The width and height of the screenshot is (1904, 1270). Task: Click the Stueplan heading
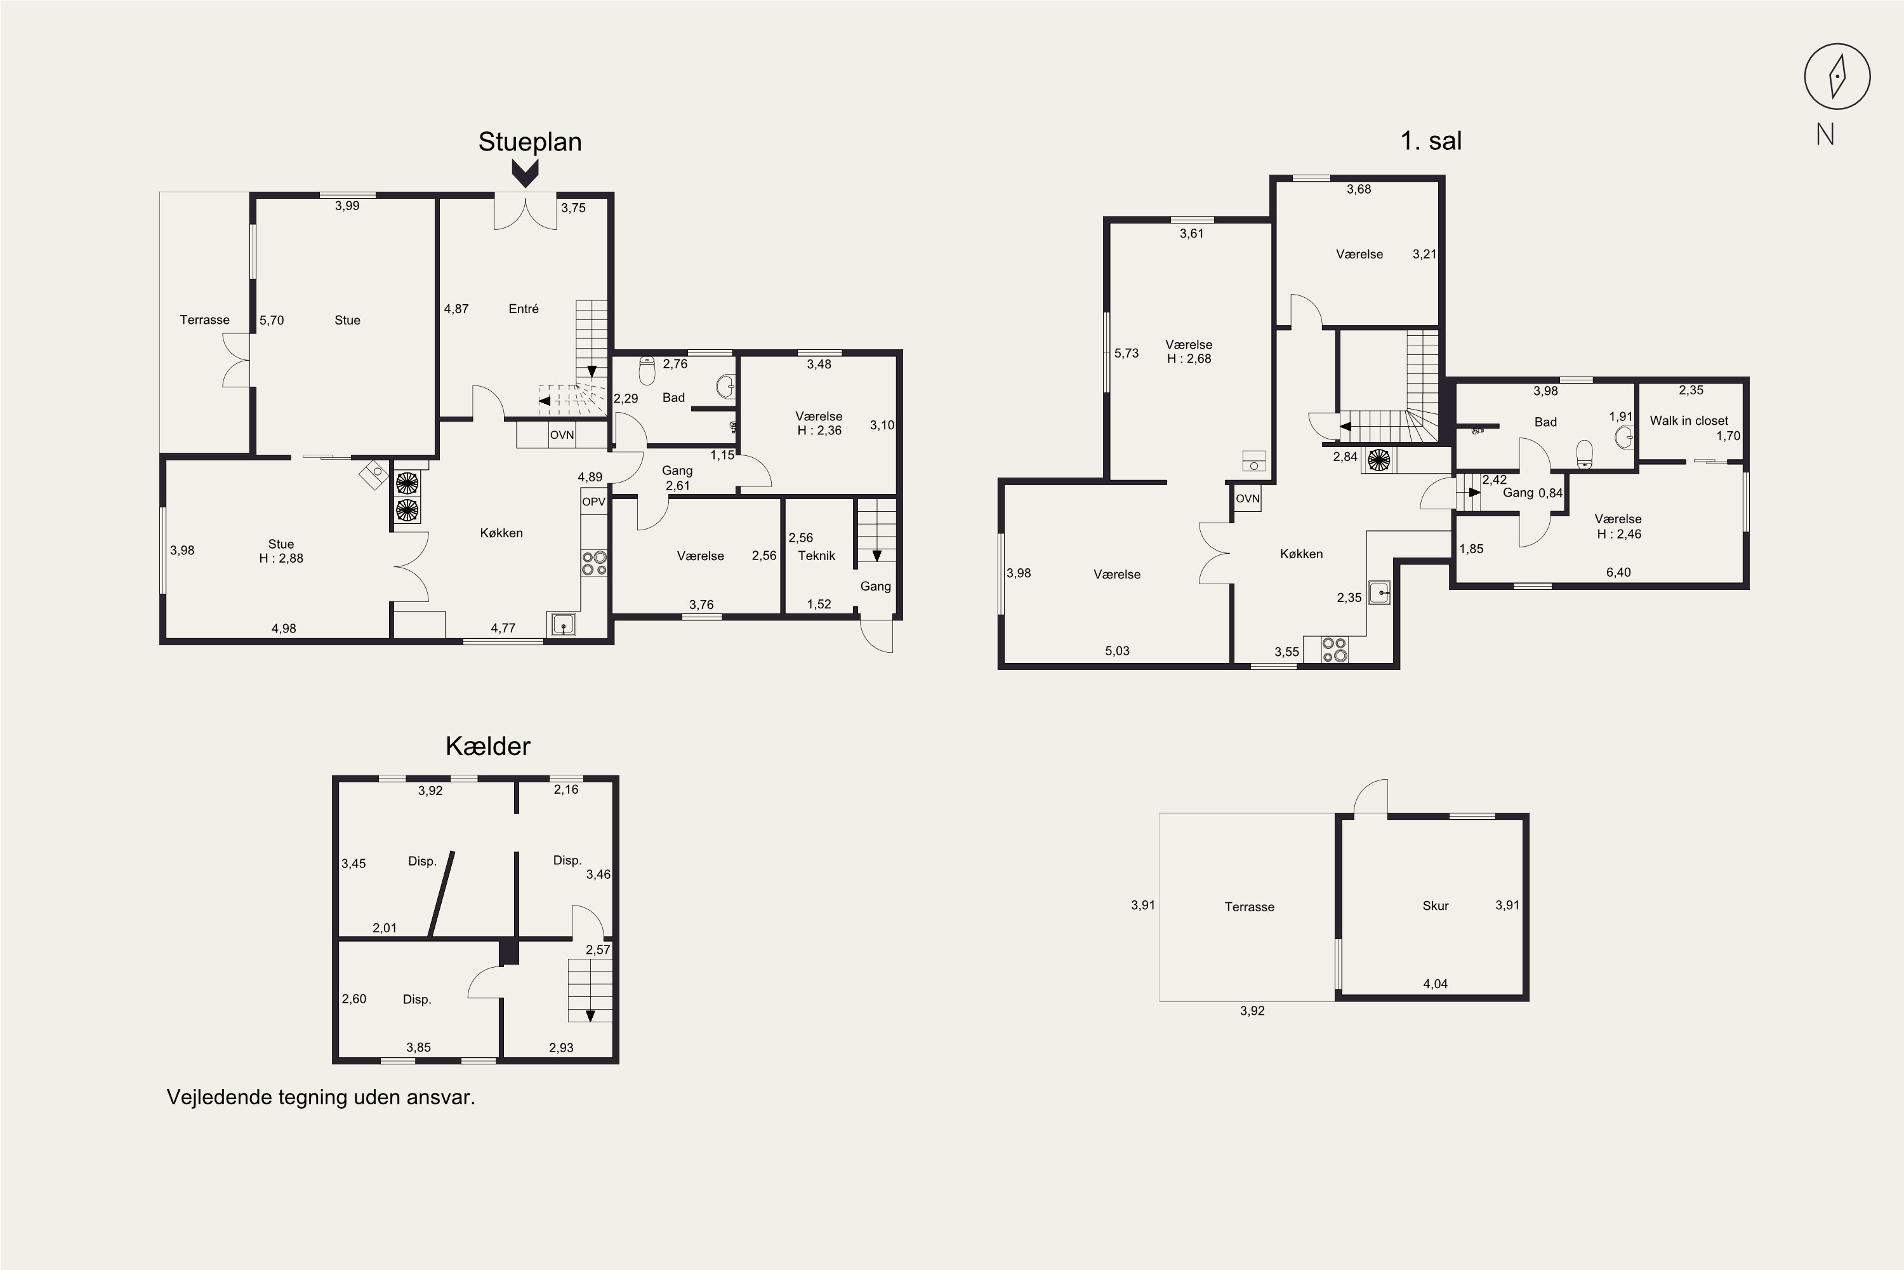pyautogui.click(x=529, y=142)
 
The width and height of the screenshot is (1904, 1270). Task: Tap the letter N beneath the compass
pyautogui.click(x=1825, y=135)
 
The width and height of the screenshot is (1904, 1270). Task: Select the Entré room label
pyautogui.click(x=524, y=309)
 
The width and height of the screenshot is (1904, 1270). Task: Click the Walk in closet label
pyautogui.click(x=1689, y=420)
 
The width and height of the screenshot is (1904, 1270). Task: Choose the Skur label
pyautogui.click(x=1435, y=906)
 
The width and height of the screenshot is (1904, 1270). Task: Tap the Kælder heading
pyautogui.click(x=487, y=746)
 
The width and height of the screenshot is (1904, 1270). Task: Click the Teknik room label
pyautogui.click(x=816, y=556)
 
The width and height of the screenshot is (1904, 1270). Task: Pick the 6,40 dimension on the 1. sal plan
pyautogui.click(x=1618, y=573)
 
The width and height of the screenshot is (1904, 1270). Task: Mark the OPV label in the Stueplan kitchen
pyautogui.click(x=593, y=502)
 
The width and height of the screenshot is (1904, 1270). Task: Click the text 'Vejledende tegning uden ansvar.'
pyautogui.click(x=321, y=1097)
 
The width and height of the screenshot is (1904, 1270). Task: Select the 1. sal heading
pyautogui.click(x=1431, y=141)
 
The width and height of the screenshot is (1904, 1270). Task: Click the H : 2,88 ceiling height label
pyautogui.click(x=281, y=558)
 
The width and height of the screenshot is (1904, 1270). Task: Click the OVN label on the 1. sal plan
pyautogui.click(x=1248, y=498)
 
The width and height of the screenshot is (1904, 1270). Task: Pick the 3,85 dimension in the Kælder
pyautogui.click(x=418, y=1047)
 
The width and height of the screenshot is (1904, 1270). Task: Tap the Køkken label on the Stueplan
pyautogui.click(x=501, y=533)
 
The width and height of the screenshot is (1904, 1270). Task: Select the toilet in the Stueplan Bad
pyautogui.click(x=647, y=371)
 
